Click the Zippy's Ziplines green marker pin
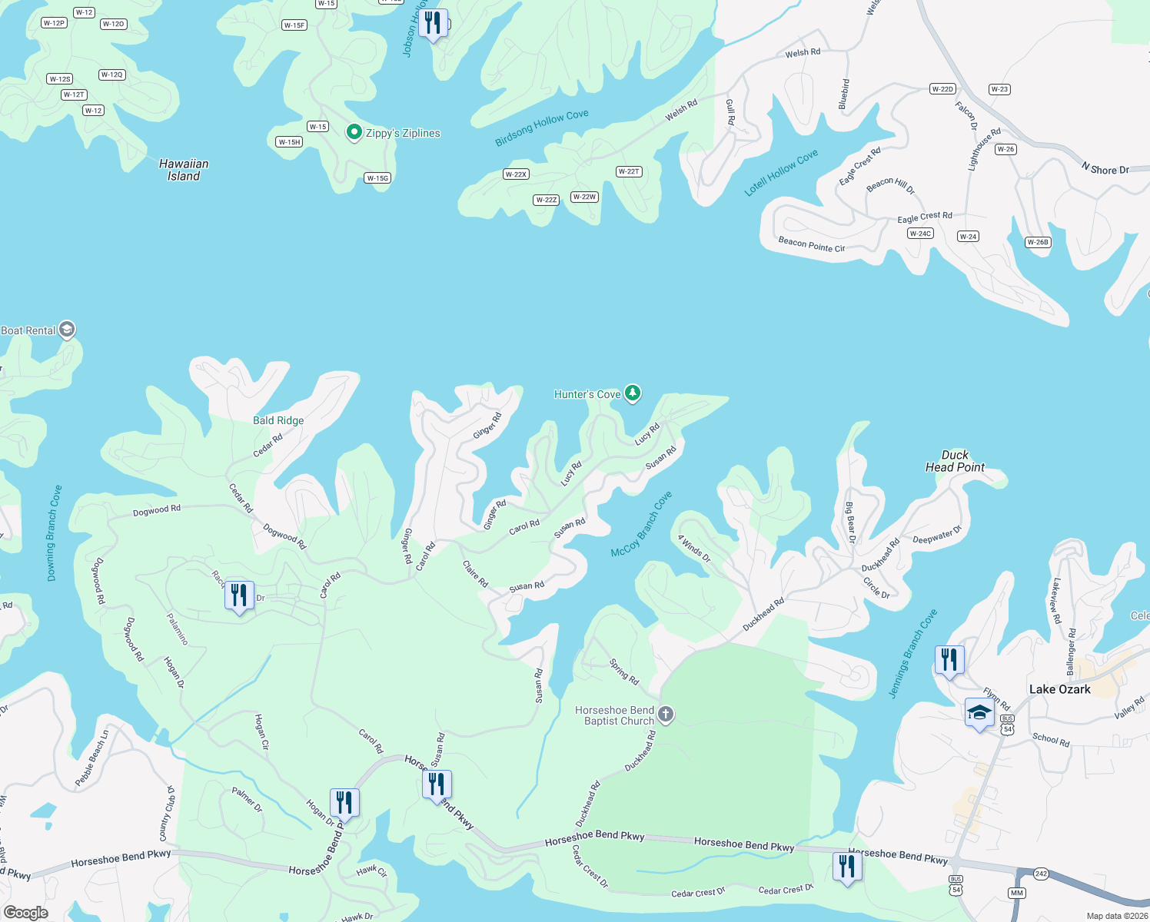(x=354, y=132)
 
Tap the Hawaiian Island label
(x=184, y=170)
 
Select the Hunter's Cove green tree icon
(x=632, y=393)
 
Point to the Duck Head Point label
(x=955, y=461)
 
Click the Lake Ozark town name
(x=1059, y=689)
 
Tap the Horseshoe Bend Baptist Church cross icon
(x=666, y=715)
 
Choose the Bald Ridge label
(x=278, y=420)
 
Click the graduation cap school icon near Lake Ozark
(x=979, y=713)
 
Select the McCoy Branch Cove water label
(x=641, y=524)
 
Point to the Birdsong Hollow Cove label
(x=542, y=128)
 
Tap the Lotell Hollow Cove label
(x=781, y=173)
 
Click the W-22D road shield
(x=942, y=89)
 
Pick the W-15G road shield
(x=377, y=178)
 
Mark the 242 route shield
(x=1041, y=874)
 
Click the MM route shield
(x=1017, y=893)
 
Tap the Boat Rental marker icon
(x=67, y=330)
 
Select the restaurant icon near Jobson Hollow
(x=433, y=24)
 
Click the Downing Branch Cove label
(x=54, y=532)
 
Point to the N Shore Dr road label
(x=1105, y=169)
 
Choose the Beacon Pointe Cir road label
(x=811, y=244)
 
